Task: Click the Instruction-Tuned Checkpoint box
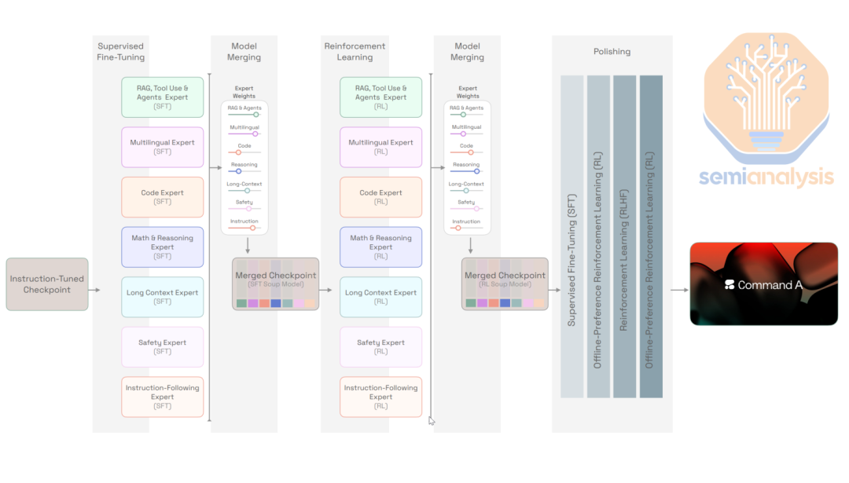[47, 284]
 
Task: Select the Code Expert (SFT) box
[163, 197]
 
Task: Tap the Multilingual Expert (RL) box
[380, 147]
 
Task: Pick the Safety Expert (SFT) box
[163, 346]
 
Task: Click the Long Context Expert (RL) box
[380, 297]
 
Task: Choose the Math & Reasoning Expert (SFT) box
[163, 247]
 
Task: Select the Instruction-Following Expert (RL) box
[380, 397]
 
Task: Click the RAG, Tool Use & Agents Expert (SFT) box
[163, 97]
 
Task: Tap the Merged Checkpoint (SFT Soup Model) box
[276, 284]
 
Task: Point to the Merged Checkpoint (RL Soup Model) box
[505, 284]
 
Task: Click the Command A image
[763, 284]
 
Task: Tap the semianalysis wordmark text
[766, 177]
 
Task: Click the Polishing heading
[612, 51]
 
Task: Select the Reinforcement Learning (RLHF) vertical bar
[624, 236]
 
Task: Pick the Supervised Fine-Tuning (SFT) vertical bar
[572, 236]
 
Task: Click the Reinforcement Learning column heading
[355, 51]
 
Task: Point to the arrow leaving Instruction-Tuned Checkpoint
[94, 290]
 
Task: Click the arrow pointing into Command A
[679, 290]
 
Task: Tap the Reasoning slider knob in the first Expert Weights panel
[239, 171]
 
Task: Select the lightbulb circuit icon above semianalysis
[766, 97]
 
